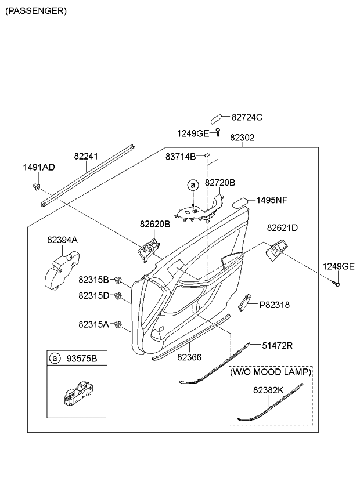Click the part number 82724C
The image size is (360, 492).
247,118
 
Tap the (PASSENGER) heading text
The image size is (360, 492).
36,10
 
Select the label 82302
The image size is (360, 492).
242,139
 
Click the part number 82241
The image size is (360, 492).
86,156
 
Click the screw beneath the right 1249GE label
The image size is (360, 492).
336,284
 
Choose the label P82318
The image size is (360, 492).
274,305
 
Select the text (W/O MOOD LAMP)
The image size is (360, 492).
271,371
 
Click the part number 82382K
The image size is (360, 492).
268,391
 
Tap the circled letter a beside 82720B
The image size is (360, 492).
192,185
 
